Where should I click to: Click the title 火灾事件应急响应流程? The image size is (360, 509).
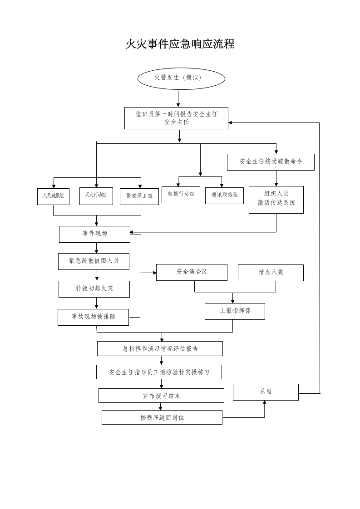pyautogui.click(x=180, y=44)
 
